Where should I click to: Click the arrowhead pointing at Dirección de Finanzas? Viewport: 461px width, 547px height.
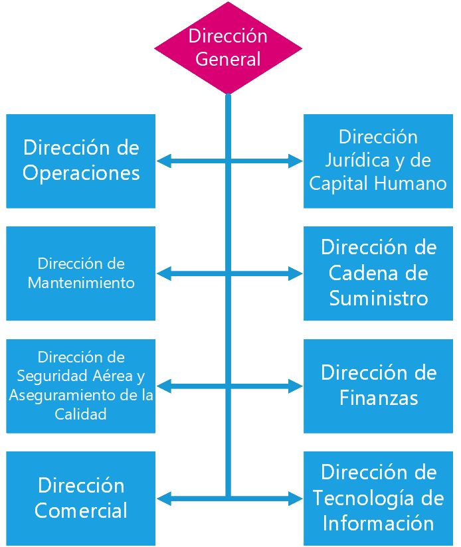coord(296,386)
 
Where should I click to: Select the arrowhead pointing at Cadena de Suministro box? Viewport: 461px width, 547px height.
coord(296,273)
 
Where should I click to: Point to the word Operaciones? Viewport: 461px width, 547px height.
coord(81,173)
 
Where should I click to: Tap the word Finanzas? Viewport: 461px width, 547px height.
coord(379,398)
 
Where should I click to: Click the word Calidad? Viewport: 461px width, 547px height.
coord(80,414)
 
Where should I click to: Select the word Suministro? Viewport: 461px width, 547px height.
coord(379,298)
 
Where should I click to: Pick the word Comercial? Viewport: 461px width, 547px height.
coord(81,510)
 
